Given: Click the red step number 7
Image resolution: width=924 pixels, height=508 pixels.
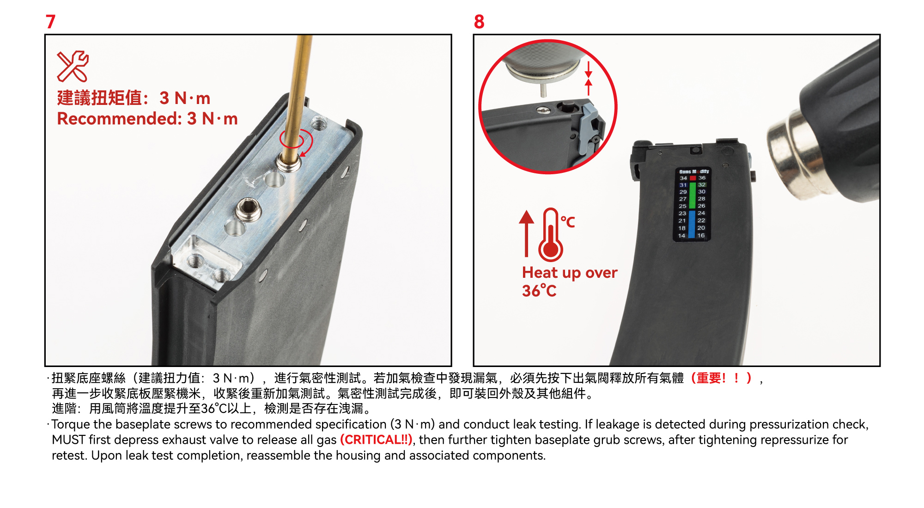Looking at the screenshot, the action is pos(50,22).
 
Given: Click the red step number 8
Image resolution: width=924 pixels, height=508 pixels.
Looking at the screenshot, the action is pos(479,22).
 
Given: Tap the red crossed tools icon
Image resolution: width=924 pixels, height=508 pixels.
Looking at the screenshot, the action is pos(73,66).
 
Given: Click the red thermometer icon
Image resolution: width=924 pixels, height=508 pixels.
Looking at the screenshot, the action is pos(551,234).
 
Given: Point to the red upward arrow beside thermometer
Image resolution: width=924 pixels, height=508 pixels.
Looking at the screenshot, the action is pos(526,233).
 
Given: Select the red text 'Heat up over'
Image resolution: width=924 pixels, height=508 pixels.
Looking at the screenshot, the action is pos(570,273).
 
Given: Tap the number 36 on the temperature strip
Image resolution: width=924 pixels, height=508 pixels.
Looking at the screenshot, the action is pos(702,177).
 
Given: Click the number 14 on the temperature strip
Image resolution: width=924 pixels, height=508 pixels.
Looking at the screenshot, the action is pos(682,235).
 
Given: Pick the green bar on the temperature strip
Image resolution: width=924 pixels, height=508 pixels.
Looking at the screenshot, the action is pos(692,195).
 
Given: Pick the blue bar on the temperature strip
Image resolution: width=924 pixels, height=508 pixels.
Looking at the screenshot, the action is pos(692,224).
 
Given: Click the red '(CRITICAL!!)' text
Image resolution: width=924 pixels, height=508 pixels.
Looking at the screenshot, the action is pos(376,440).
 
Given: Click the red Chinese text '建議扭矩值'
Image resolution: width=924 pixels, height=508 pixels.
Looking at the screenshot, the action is pos(99,98).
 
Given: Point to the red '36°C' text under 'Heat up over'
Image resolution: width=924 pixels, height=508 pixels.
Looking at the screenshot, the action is pos(539,291).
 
